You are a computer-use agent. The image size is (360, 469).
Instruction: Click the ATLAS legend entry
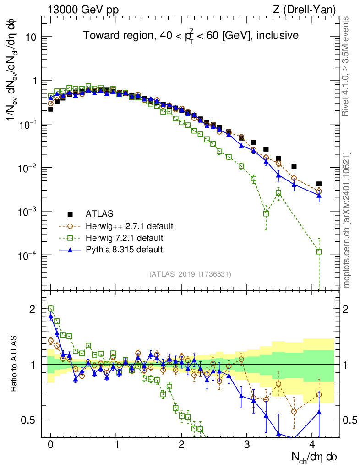point(99,213)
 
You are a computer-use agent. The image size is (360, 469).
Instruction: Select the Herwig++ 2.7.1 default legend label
point(130,226)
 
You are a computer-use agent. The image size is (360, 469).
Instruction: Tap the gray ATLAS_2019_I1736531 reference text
point(190,274)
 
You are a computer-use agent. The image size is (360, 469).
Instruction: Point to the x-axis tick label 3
point(247,444)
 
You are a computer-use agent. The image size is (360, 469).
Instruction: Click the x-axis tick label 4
point(312,444)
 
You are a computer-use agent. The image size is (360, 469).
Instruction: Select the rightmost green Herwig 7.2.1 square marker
point(319,251)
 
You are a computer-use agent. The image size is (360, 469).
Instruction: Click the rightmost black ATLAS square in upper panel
point(319,184)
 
